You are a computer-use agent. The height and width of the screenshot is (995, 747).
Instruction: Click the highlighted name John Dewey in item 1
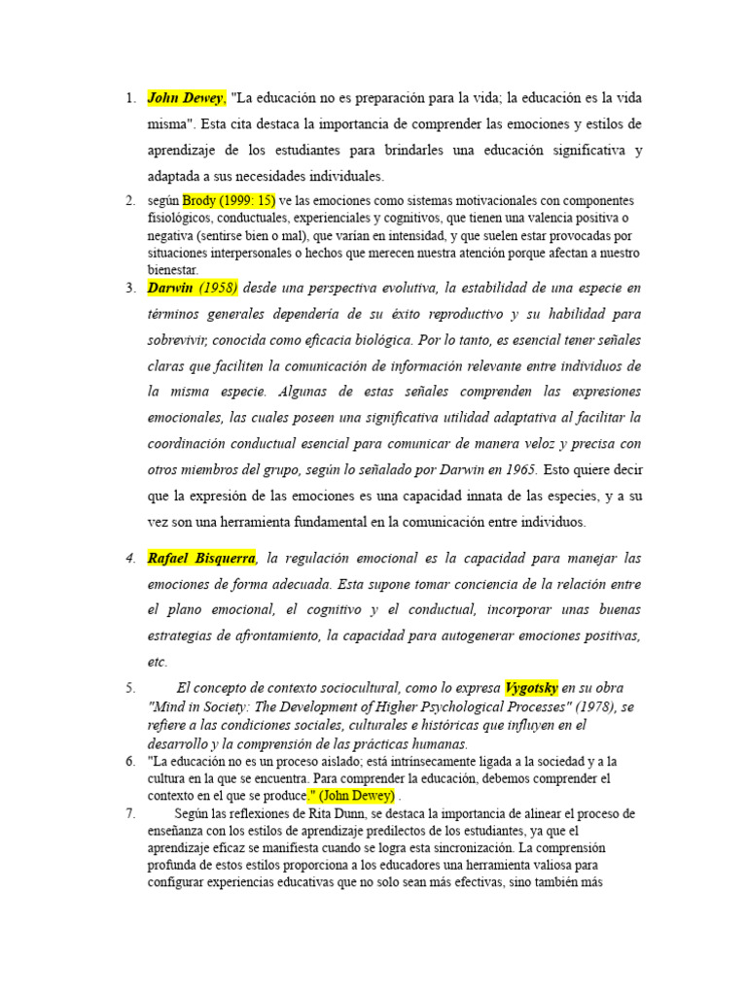[186, 98]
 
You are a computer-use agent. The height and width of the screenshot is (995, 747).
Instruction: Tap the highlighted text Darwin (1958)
[193, 289]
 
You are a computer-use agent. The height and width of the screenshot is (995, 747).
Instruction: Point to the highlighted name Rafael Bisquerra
[201, 559]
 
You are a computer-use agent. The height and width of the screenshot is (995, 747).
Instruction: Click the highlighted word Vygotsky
[531, 688]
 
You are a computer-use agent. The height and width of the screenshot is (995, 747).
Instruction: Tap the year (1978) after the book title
[584, 707]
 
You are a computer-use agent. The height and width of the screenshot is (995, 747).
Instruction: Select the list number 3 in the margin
[130, 289]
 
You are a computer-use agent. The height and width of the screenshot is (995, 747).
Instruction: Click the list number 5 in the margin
[130, 689]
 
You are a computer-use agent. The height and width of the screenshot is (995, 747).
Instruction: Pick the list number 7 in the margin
[130, 814]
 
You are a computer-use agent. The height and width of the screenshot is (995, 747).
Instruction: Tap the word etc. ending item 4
[158, 663]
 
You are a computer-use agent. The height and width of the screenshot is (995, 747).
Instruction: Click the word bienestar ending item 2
[172, 270]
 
